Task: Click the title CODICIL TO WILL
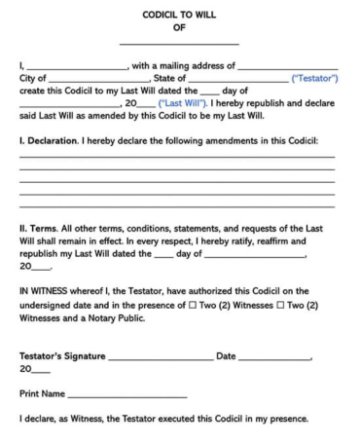(178, 16)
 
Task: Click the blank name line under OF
(178, 44)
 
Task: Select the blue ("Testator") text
(314, 78)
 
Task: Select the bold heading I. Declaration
(54, 141)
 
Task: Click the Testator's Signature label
(62, 356)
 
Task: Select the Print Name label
(42, 393)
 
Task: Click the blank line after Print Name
(126, 396)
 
